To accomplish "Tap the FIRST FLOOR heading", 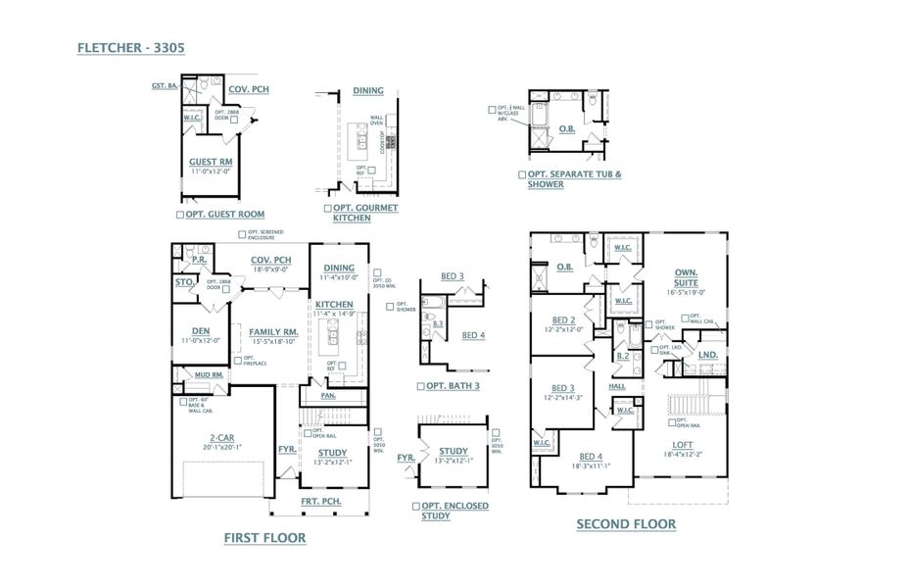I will (x=264, y=537).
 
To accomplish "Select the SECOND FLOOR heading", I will (x=625, y=524).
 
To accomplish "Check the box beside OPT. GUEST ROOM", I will (x=179, y=214).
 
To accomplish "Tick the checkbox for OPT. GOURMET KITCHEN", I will (x=327, y=209).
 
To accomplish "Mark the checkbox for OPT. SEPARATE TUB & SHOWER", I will (x=522, y=174).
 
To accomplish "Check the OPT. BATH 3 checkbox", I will (x=419, y=386).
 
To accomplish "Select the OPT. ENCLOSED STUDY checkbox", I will (x=416, y=506).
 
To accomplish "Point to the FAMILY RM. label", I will (x=272, y=331).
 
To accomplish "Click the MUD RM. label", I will (x=209, y=374).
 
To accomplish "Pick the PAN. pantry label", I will (x=330, y=396).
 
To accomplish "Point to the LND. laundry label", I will (x=708, y=355).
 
